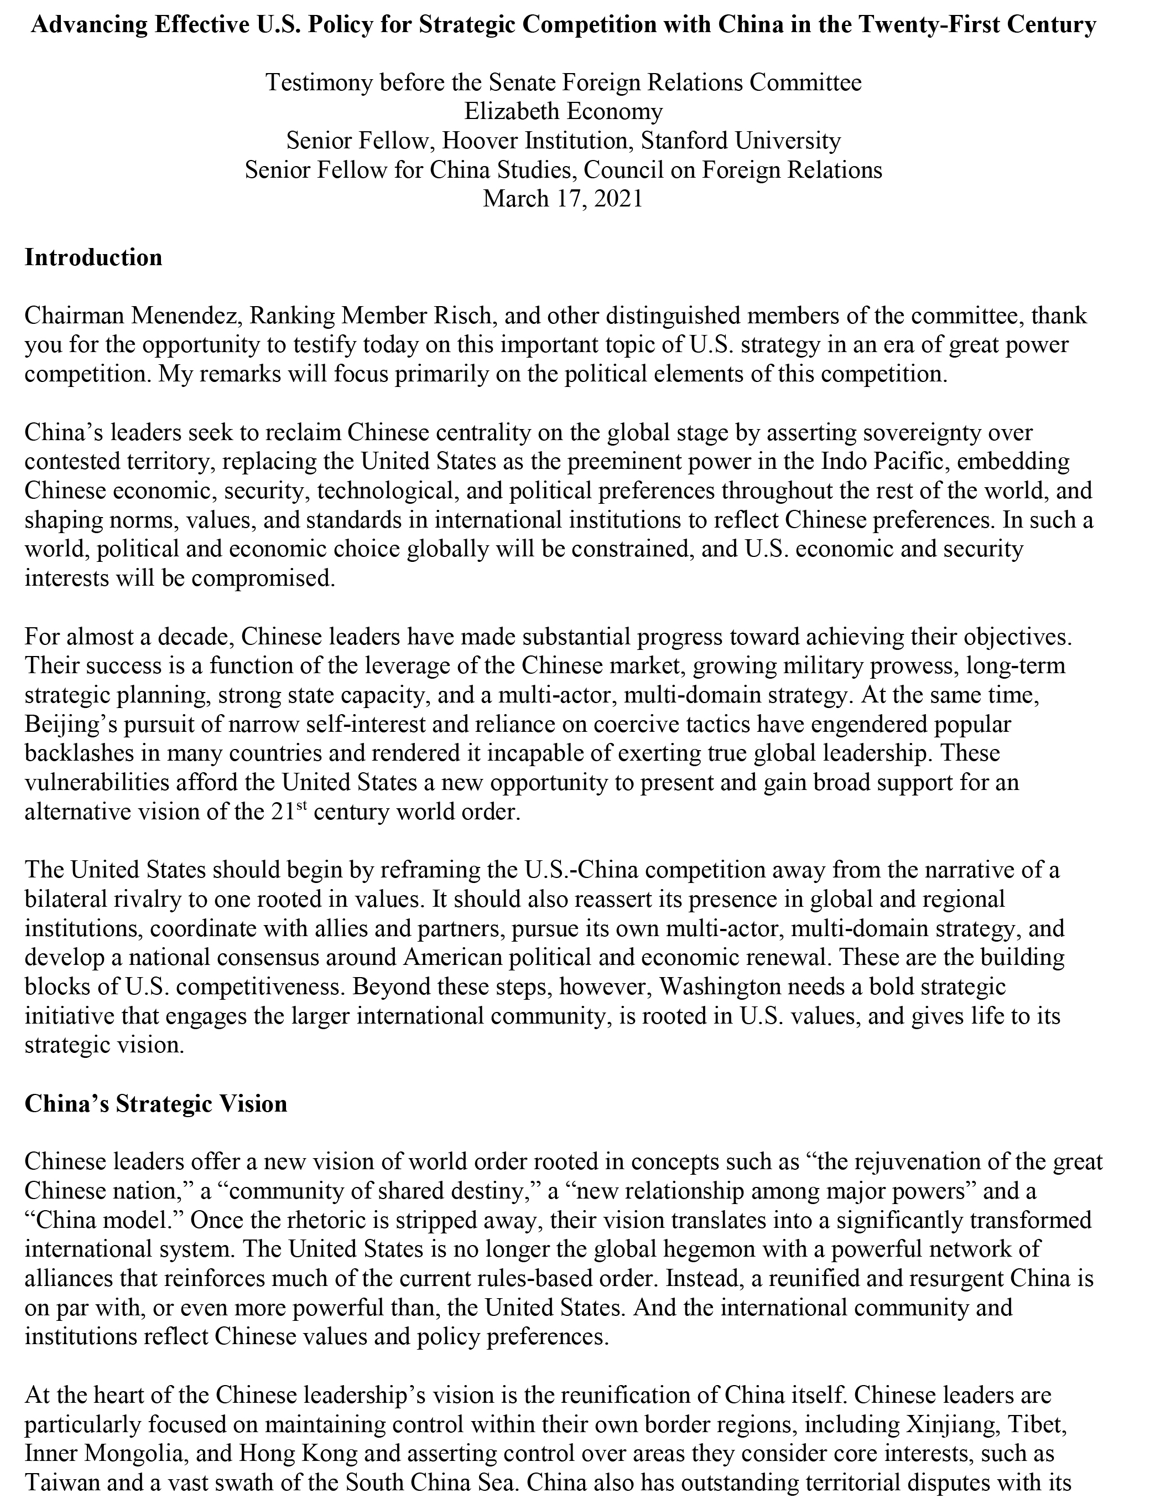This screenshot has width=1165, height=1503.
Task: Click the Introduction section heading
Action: (93, 257)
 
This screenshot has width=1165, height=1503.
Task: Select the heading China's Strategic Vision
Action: (156, 1103)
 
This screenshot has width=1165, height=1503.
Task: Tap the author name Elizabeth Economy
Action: (564, 111)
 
